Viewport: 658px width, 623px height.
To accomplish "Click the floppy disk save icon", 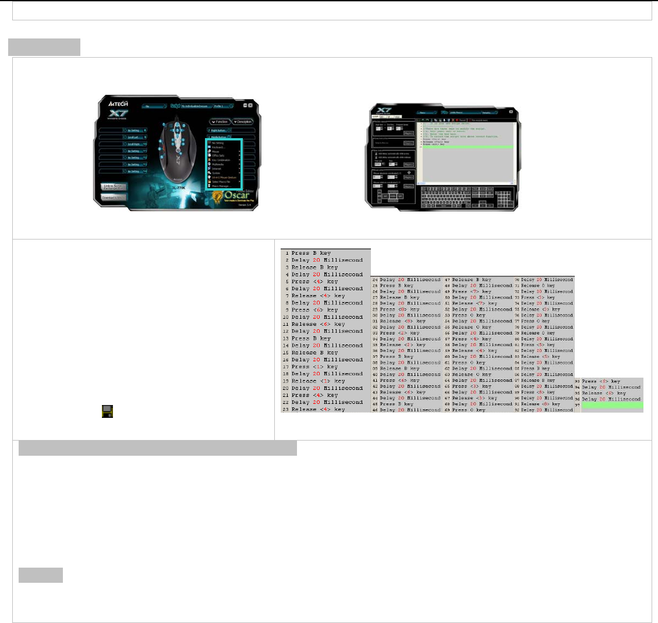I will pos(107,411).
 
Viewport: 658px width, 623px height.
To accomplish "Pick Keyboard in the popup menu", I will pos(219,147).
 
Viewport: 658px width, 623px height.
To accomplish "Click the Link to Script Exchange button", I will pos(113,187).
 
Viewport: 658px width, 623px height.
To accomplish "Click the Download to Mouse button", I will pos(113,198).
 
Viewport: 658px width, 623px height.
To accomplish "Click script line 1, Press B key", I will pos(312,253).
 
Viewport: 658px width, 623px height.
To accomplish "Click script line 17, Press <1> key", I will pos(314,367).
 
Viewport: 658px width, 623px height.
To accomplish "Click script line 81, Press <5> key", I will pos(538,344).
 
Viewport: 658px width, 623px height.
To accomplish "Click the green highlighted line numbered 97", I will pos(611,405).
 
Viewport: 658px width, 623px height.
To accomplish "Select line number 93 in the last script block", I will pos(577,381).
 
